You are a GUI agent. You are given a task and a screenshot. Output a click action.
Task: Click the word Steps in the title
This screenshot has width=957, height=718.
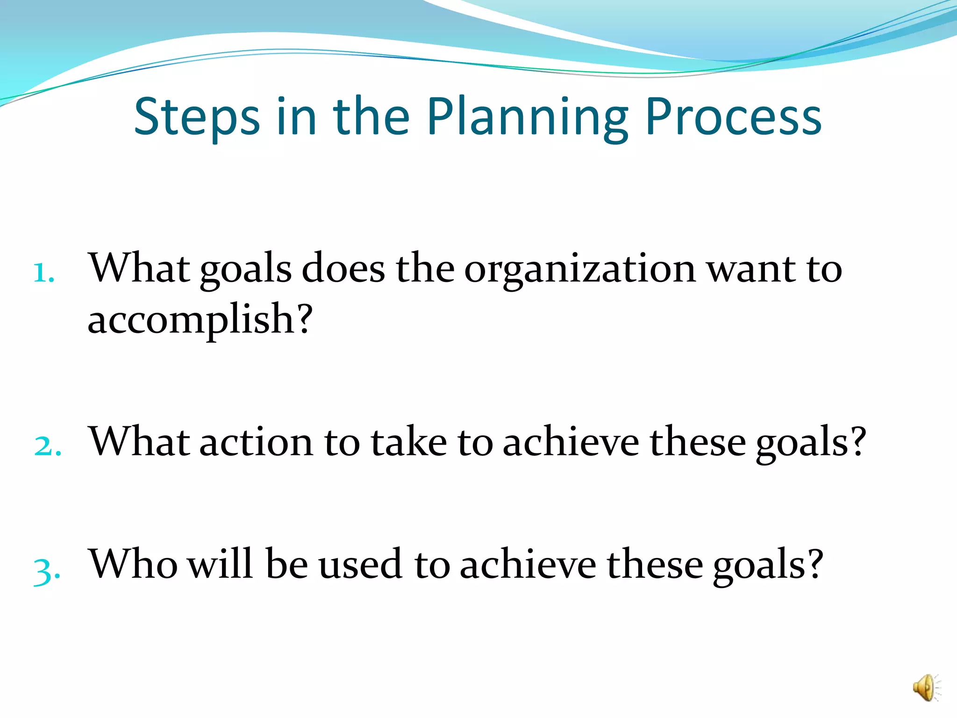(x=197, y=117)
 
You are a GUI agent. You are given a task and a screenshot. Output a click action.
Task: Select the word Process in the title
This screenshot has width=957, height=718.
(x=733, y=117)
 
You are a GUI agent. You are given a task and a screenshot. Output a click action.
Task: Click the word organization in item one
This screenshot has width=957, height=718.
(x=580, y=270)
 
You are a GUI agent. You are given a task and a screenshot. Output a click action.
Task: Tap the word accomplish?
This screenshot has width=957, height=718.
(x=200, y=321)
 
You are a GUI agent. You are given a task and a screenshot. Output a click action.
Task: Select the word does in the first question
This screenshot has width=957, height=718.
(x=343, y=269)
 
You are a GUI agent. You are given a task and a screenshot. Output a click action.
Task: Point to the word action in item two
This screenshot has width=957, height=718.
(x=256, y=442)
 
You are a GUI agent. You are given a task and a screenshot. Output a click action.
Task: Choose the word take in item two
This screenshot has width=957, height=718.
(x=408, y=442)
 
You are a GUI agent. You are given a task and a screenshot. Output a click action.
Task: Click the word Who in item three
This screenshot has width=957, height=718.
(x=133, y=564)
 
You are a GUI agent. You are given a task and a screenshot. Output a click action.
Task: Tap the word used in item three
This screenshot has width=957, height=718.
(x=360, y=564)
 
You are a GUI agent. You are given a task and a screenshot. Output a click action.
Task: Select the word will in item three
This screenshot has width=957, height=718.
(x=220, y=564)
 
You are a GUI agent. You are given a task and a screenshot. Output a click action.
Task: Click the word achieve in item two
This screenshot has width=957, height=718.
(x=571, y=442)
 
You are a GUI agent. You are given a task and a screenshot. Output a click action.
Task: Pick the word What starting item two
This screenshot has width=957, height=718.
(x=139, y=442)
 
